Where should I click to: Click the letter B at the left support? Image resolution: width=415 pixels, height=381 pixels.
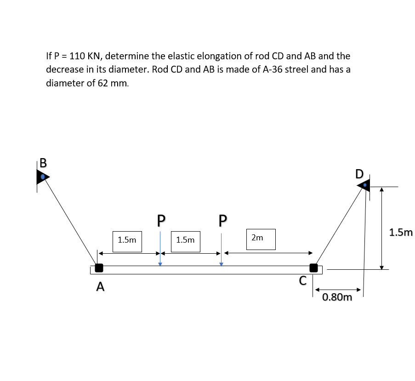tap(43, 162)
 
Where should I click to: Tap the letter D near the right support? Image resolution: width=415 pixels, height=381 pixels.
tap(359, 174)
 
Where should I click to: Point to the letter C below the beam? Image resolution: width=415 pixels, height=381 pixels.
tap(302, 281)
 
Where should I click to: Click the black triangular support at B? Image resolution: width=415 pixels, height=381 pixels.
tap(43, 176)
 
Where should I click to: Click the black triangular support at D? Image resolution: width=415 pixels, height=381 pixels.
tap(363, 185)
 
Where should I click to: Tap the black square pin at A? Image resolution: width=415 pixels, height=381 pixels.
tap(98, 267)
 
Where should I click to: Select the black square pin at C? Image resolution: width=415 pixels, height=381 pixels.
tap(313, 267)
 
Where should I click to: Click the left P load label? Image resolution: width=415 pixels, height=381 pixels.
tap(160, 221)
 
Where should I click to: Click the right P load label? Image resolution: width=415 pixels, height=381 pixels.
tap(223, 221)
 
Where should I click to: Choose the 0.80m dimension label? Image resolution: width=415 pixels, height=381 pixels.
tap(337, 297)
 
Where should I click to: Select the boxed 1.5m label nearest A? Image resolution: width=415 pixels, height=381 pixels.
tap(127, 240)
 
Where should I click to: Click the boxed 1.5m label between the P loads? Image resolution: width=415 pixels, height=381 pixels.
tap(185, 240)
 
